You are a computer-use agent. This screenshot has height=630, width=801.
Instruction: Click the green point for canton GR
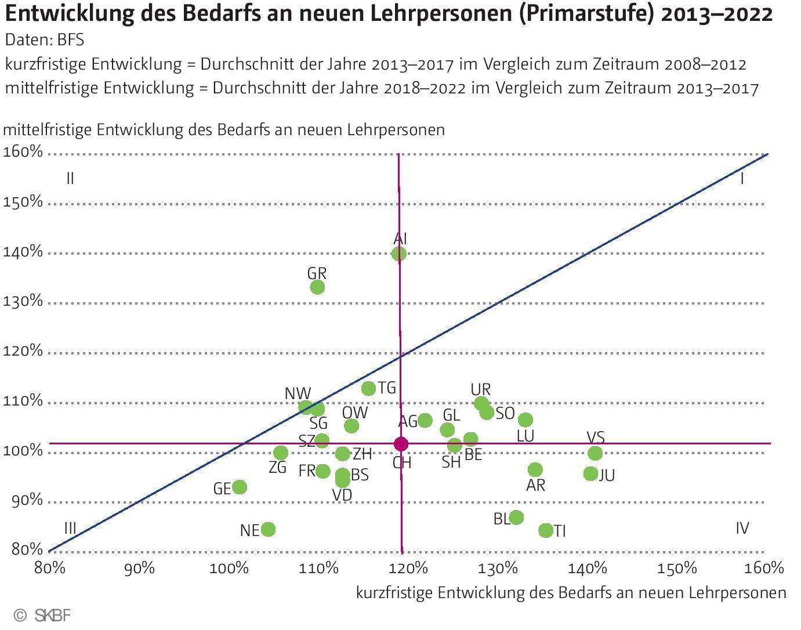317,287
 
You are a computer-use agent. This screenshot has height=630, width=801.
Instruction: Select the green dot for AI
399,254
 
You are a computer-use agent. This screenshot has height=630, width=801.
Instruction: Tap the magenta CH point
401,444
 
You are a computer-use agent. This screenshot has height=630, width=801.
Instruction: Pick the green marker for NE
268,529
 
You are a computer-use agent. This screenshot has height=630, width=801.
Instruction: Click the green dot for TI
546,530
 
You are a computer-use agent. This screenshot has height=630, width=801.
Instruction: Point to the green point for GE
240,487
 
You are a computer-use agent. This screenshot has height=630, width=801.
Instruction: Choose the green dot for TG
369,388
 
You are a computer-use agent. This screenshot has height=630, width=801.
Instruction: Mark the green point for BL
516,517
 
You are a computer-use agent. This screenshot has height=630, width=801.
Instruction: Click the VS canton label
596,437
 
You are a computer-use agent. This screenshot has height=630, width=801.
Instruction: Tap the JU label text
607,476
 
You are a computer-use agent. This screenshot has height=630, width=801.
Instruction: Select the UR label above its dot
481,389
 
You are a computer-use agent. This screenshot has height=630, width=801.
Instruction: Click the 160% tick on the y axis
23,152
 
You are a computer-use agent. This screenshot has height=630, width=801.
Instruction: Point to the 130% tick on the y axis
23,301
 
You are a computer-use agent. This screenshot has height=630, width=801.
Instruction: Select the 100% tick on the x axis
229,568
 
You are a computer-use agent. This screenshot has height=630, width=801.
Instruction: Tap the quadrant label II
70,178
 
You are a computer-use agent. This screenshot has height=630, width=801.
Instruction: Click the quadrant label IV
742,528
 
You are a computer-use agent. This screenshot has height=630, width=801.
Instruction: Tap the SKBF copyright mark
43,615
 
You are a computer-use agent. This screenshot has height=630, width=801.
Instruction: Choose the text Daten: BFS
45,39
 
